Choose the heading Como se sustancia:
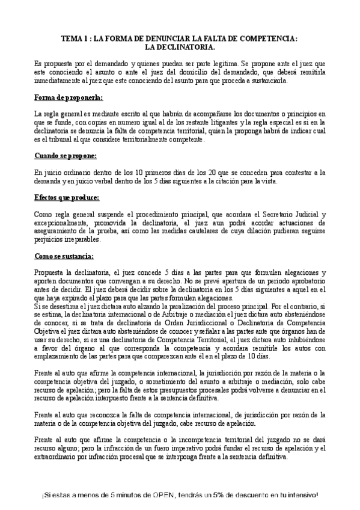click(64, 256)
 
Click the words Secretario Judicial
click(290, 214)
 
